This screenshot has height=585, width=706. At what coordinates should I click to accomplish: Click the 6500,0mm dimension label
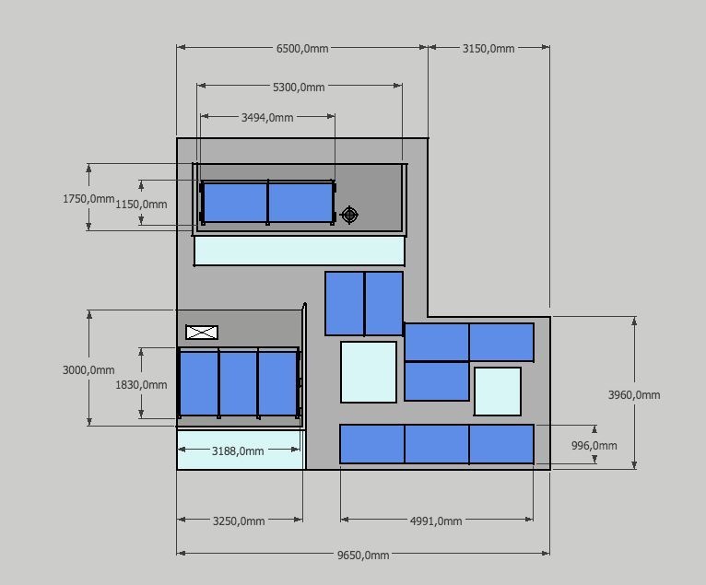302,48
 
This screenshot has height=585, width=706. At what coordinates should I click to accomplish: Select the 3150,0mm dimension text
488,48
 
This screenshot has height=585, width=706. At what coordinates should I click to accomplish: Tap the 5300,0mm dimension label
299,88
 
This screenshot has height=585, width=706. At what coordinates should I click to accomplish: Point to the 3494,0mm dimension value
267,118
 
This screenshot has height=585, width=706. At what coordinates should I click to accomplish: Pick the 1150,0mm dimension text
141,205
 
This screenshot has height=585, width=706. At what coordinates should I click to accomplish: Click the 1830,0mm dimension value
141,385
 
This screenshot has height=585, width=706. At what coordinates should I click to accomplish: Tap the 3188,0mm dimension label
238,451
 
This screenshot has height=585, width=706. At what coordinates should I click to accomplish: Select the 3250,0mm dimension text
239,521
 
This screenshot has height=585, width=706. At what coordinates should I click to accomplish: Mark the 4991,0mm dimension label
436,521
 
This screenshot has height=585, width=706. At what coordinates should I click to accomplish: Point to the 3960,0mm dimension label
634,395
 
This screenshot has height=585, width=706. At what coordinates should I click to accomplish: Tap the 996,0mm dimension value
594,446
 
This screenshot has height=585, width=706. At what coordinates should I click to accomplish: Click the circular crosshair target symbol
349,215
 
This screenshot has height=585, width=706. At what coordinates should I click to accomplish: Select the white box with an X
202,332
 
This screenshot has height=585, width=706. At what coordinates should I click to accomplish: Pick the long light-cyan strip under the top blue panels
300,251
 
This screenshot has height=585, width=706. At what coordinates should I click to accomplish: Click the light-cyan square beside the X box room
369,372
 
